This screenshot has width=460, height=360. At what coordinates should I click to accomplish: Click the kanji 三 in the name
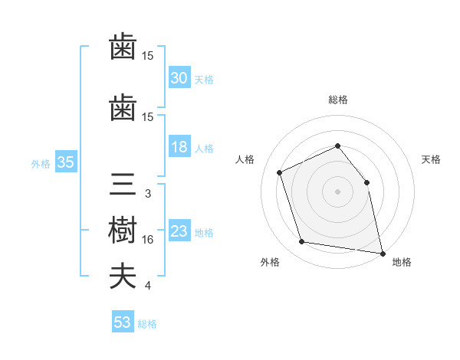tap(123, 184)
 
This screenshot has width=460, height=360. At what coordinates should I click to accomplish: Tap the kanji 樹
tap(123, 230)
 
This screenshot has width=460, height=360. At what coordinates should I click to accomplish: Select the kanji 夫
tap(123, 277)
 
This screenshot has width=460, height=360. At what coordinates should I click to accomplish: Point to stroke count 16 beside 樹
tap(147, 240)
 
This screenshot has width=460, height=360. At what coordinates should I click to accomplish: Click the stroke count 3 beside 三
tap(148, 194)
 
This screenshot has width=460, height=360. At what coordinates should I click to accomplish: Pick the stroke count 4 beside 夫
tap(148, 286)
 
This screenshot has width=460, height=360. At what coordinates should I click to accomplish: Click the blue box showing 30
tap(179, 77)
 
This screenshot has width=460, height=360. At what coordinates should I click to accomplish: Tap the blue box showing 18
tap(179, 146)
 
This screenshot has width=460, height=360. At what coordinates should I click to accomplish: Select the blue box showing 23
tap(179, 230)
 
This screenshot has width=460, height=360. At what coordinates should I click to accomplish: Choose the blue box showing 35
tap(66, 162)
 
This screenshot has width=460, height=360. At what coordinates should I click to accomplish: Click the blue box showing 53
tap(123, 321)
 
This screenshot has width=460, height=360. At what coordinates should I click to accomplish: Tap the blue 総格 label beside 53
tap(147, 324)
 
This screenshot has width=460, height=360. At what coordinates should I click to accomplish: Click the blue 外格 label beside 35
tap(41, 164)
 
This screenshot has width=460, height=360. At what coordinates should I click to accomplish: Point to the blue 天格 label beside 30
tap(204, 80)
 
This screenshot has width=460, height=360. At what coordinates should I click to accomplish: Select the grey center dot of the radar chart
tap(337, 191)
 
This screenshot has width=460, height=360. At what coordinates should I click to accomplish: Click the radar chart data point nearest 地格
tap(383, 254)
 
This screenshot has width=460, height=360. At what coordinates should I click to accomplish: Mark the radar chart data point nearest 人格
tap(280, 172)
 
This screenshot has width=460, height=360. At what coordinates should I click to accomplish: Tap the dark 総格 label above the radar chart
tap(338, 100)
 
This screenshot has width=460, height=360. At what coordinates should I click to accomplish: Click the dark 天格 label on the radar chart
tap(431, 159)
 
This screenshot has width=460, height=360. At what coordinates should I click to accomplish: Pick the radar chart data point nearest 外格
tap(301, 241)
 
